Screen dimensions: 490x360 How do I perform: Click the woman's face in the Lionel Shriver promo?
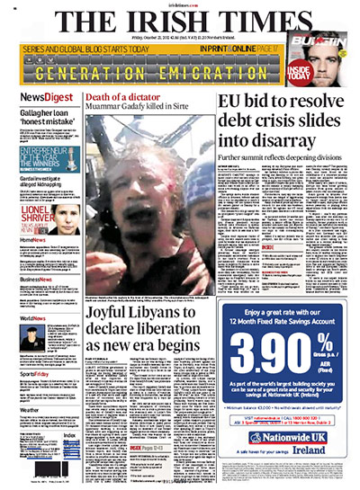point(66,218)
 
